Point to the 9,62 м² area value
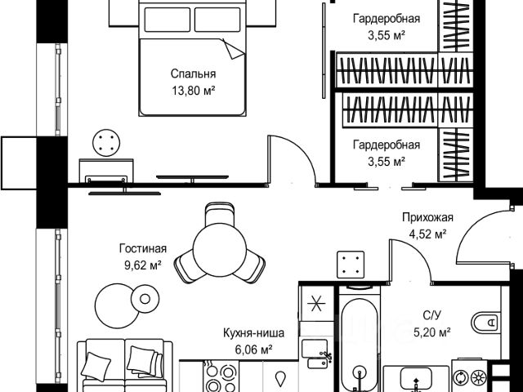click(x=142, y=264)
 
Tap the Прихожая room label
click(x=427, y=217)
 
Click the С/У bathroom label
click(x=433, y=315)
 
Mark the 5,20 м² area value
click(x=432, y=332)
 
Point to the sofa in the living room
click(x=123, y=367)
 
